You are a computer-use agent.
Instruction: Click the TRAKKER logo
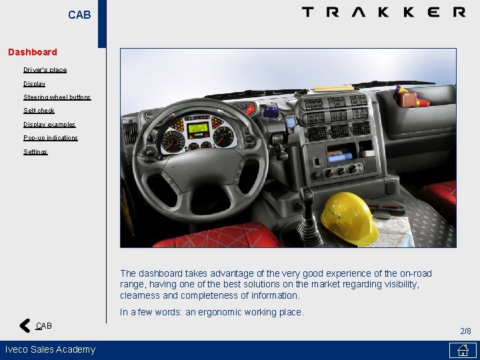pos(383,12)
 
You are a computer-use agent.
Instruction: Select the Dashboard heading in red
pos(33,52)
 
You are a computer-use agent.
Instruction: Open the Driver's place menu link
pos(45,70)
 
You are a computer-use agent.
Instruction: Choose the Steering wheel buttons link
pos(57,97)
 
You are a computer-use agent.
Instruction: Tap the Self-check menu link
pos(39,111)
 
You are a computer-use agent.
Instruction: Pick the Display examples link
pos(49,125)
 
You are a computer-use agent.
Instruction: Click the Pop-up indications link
pos(51,138)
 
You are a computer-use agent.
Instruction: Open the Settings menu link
pos(35,152)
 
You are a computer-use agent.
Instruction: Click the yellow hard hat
pos(349,216)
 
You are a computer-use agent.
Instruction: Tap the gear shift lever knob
pos(307,197)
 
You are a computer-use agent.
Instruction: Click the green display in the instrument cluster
pos(197,129)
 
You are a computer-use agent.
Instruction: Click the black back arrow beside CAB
pos(25,326)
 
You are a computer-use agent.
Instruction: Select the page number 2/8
pos(465,331)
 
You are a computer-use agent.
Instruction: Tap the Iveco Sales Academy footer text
pos(50,349)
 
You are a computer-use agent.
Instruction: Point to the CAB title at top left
pos(79,15)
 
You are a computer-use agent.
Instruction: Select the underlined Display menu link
pos(35,84)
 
